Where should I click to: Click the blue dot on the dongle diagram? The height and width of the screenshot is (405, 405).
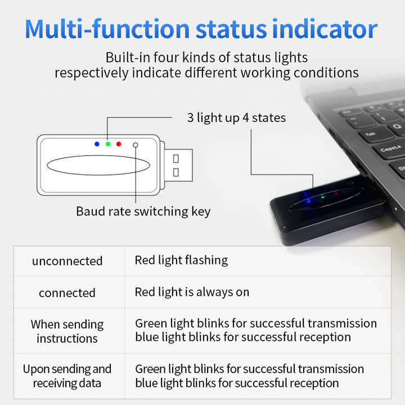pos(97,144)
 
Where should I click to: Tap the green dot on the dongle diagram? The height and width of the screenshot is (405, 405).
pos(107,144)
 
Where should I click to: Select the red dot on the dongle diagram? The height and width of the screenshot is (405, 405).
pos(119,144)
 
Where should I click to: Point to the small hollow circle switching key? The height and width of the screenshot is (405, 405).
pos(135,145)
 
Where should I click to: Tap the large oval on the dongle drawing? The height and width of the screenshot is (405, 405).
pos(99,165)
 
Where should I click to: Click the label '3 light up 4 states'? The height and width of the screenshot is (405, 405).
pos(236,118)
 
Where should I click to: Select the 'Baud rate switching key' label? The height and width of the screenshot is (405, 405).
pos(143,211)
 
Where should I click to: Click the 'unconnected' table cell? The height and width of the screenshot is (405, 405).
pos(67,261)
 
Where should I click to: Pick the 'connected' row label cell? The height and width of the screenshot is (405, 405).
pos(67,293)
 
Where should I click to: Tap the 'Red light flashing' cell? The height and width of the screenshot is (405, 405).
pos(181,260)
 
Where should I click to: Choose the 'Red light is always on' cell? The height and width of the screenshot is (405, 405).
pos(192,292)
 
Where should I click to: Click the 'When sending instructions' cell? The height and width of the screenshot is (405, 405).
pos(67,331)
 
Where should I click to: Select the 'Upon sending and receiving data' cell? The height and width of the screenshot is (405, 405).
pos(67,376)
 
